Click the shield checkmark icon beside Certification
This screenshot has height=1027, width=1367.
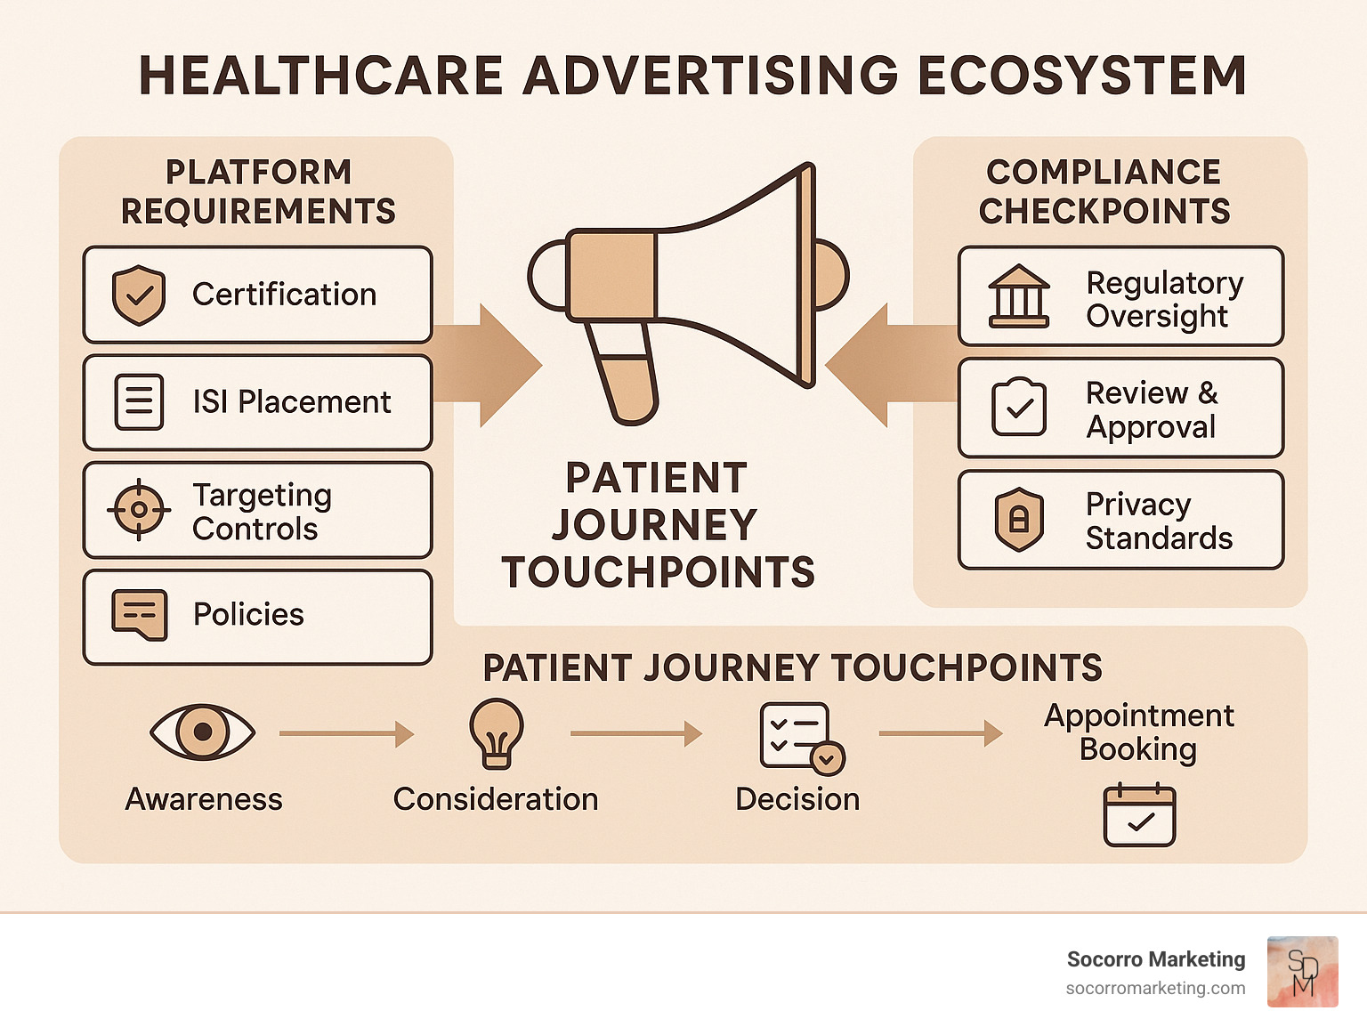coord(139,295)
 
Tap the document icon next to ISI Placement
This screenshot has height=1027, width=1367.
coord(139,402)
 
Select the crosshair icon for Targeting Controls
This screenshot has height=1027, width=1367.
coord(139,510)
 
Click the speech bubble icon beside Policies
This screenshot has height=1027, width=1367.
coord(139,615)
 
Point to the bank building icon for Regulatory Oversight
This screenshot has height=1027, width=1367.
coord(1019,296)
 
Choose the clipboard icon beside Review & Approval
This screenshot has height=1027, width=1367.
coord(1019,408)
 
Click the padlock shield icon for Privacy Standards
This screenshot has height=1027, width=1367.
coord(1019,519)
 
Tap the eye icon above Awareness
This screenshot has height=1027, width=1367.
coord(203,732)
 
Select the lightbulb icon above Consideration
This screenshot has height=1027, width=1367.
coord(497,732)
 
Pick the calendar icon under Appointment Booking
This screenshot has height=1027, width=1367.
coord(1139,815)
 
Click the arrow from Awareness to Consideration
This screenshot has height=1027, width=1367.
coord(346,734)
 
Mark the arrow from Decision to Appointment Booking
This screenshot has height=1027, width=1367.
coord(940,734)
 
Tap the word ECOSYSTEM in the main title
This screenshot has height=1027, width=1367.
coord(1081,76)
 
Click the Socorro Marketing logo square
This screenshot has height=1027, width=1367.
coord(1302,972)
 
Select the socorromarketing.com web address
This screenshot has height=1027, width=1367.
coord(1155,988)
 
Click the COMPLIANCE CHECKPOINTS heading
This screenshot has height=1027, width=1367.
coord(1104,191)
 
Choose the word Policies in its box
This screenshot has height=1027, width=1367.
coord(248,615)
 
